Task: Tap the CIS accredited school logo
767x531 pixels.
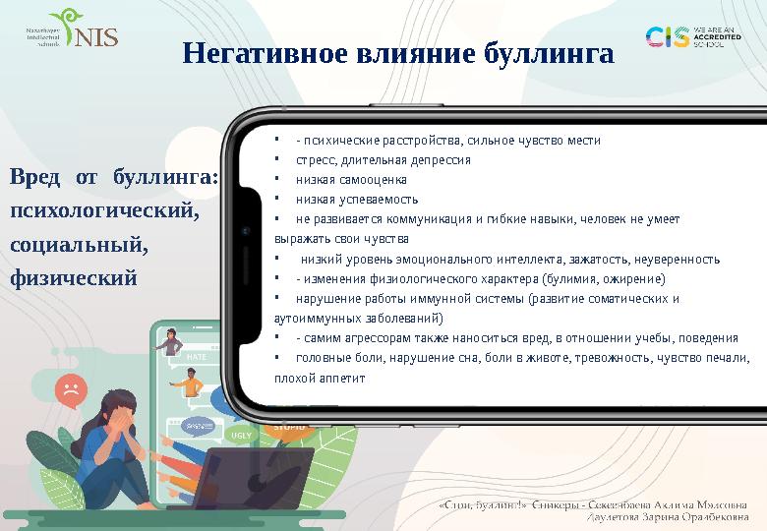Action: pos(690,37)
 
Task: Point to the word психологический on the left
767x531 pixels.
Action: pos(104,210)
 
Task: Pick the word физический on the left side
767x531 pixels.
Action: pos(73,277)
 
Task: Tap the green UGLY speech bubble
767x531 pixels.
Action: pos(240,434)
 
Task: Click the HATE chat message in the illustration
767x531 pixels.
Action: pos(196,357)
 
